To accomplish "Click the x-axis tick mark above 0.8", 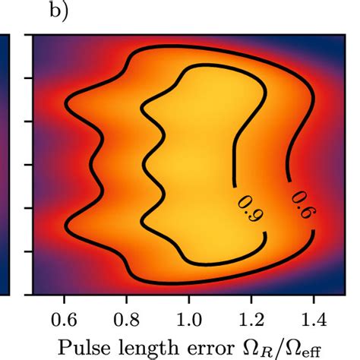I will point(127,297).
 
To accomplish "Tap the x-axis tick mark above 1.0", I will point(189,297).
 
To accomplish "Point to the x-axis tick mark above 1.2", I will point(252,297).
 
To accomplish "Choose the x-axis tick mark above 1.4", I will point(314,297).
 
